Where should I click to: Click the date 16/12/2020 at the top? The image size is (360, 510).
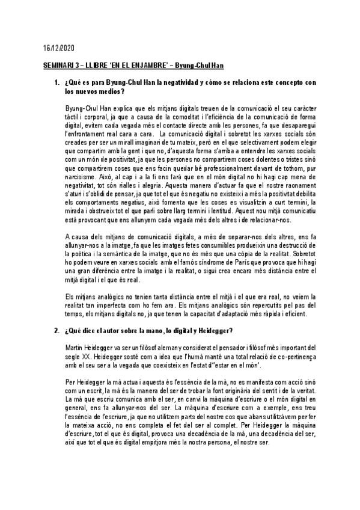point(55,47)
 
